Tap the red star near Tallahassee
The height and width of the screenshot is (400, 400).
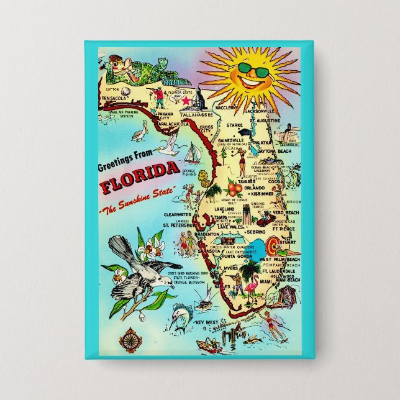[186, 100]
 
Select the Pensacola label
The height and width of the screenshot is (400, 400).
[116, 98]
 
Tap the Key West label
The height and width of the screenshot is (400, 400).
[208, 323]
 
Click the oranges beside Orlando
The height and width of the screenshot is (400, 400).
[235, 188]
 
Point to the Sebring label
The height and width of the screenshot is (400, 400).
[257, 231]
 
